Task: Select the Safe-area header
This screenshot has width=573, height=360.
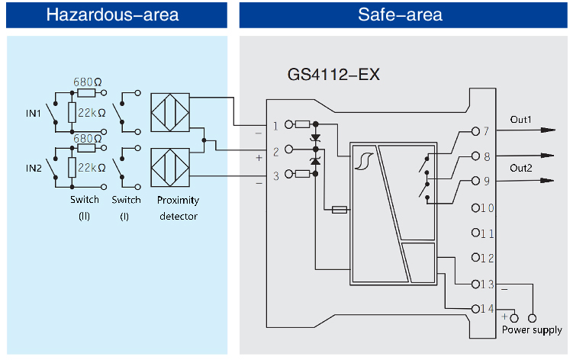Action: (400, 14)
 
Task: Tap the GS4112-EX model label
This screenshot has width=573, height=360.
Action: (332, 76)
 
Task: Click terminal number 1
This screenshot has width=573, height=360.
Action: (275, 125)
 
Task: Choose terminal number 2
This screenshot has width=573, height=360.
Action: (275, 150)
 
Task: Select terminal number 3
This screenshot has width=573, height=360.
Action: (275, 175)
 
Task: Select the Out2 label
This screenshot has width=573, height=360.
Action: (522, 168)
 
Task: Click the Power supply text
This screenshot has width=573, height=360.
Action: (532, 329)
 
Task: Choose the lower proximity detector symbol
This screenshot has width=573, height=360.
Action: (172, 167)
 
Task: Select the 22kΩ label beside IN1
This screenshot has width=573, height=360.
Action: (91, 114)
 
